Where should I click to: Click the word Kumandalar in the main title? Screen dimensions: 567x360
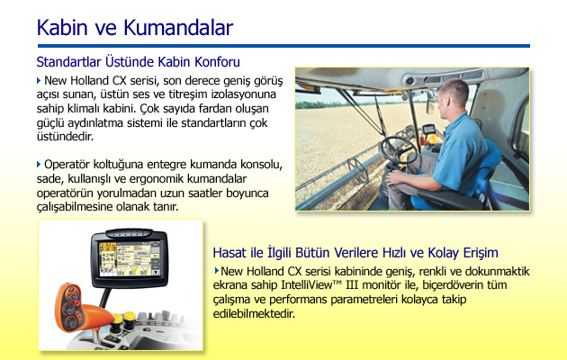(178, 28)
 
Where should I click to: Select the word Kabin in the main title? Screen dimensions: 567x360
(62, 28)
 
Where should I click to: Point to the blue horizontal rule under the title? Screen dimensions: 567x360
(283, 46)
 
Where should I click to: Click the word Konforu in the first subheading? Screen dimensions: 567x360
(217, 62)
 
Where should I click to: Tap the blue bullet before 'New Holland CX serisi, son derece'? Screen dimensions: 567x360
(39, 80)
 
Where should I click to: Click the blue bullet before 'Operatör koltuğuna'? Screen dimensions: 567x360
(39, 165)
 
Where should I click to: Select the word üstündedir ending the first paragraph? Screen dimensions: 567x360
(65, 137)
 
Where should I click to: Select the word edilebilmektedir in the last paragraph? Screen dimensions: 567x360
(254, 314)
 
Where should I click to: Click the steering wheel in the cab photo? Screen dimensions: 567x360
(399, 149)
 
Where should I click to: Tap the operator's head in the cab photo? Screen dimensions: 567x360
(453, 95)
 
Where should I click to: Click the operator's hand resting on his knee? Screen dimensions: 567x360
(394, 177)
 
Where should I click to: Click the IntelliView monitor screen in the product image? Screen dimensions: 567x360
(129, 259)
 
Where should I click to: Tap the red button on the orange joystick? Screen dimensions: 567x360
(76, 303)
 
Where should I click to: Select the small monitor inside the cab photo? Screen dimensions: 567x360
(429, 130)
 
